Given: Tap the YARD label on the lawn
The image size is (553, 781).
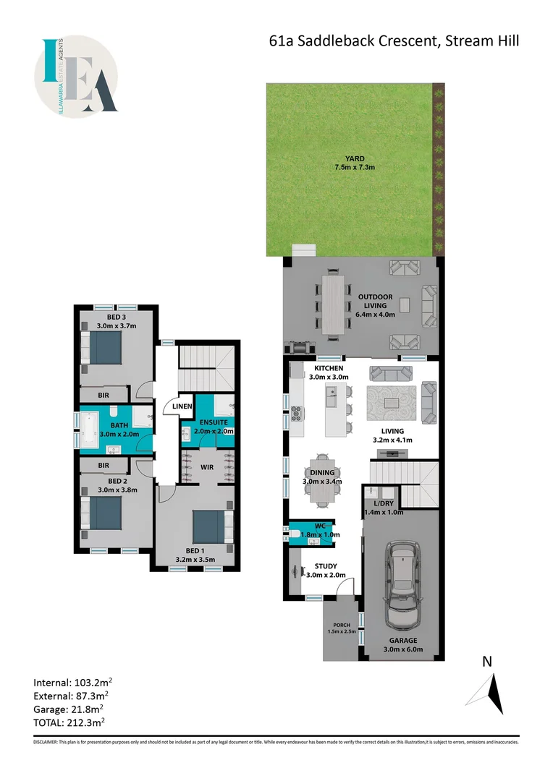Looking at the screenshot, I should [x=355, y=158].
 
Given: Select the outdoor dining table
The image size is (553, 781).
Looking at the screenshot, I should [x=334, y=303].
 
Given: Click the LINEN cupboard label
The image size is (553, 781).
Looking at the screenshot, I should [x=182, y=406].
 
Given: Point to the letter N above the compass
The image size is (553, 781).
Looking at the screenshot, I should [x=488, y=661].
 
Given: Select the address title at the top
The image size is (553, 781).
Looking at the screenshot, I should [x=394, y=41].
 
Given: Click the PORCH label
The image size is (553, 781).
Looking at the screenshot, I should [x=342, y=626].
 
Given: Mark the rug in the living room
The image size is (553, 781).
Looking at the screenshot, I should [x=392, y=403].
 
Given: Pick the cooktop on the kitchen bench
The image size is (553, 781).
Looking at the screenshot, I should [x=296, y=414].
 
